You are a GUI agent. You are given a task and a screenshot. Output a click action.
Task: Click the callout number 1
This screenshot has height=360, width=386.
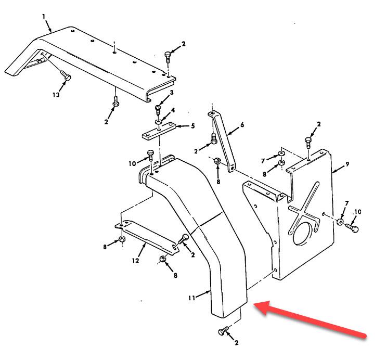click(x=44, y=17)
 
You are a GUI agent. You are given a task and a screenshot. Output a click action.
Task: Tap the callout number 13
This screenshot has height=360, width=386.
click(x=56, y=95)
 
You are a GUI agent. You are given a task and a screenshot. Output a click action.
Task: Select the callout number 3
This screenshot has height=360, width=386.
click(x=172, y=92)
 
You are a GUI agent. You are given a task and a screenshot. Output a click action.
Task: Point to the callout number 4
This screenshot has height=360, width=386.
click(x=173, y=110)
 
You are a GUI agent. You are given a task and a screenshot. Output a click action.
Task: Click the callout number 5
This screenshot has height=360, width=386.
click(x=193, y=126)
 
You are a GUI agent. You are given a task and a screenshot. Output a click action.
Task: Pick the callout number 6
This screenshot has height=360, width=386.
click(x=242, y=125)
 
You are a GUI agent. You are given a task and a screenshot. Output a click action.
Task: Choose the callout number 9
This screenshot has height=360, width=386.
click(x=348, y=164)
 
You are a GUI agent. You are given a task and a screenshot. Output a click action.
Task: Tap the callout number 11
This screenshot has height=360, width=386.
click(x=192, y=298)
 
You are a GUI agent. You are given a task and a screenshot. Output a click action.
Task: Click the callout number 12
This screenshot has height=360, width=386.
click(x=136, y=261)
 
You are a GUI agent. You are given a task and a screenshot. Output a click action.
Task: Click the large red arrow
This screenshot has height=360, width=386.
click(x=309, y=319)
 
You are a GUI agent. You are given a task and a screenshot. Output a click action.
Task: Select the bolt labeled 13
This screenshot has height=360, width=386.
click(x=66, y=75)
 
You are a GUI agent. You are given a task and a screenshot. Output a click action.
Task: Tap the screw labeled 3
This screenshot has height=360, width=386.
click(x=158, y=110)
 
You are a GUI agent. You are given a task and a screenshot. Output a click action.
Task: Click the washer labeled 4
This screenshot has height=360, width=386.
click(x=158, y=121)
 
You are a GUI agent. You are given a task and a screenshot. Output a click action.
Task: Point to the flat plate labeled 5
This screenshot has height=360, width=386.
click(x=159, y=132)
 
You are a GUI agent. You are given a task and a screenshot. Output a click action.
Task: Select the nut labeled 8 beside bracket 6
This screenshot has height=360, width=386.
click(x=217, y=161)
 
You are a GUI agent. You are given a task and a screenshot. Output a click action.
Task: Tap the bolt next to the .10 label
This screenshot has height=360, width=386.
click(x=352, y=227)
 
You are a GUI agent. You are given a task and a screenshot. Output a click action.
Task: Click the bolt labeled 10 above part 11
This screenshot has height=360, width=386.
click(x=150, y=158)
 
